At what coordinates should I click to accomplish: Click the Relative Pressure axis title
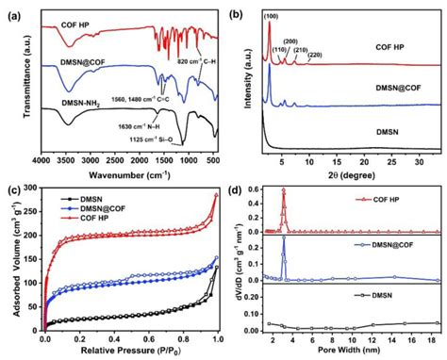(x=130, y=352)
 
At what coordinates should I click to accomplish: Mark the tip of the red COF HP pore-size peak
(x=283, y=190)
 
